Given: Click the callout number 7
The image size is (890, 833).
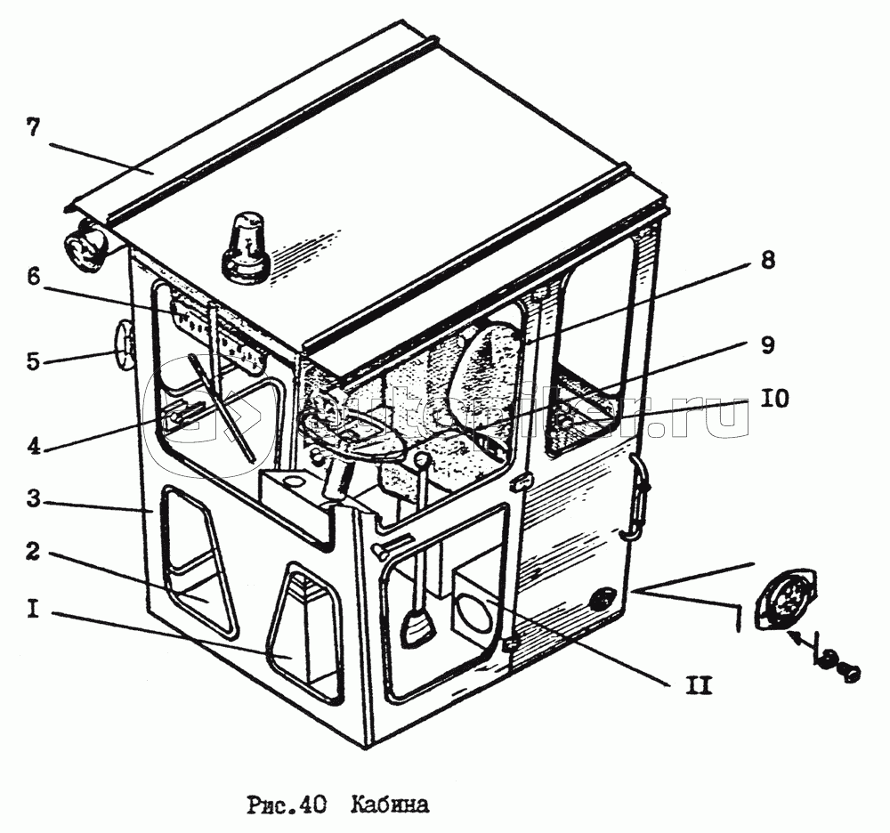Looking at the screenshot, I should (x=33, y=127).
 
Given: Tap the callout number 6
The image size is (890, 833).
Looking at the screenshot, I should (x=33, y=278).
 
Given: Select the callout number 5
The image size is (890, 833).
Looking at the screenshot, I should (x=33, y=361).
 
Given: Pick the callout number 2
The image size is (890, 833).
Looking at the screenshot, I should (x=33, y=553).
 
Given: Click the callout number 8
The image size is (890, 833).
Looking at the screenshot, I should (x=767, y=261).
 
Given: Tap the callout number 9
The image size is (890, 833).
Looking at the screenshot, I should (x=767, y=345).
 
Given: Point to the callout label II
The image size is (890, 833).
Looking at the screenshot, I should (x=698, y=686).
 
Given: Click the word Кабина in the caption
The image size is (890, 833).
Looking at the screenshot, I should (x=390, y=806).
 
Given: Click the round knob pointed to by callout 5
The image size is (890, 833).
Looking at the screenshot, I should (x=123, y=347).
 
